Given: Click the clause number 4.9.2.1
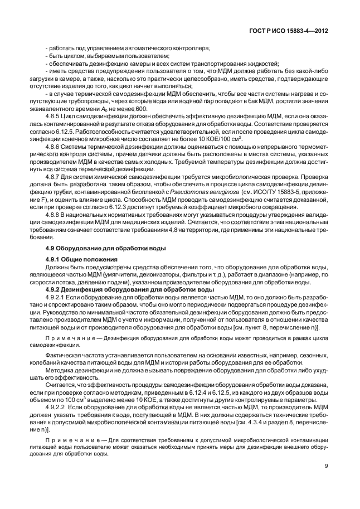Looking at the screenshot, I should pyautogui.click(x=57, y=298).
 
